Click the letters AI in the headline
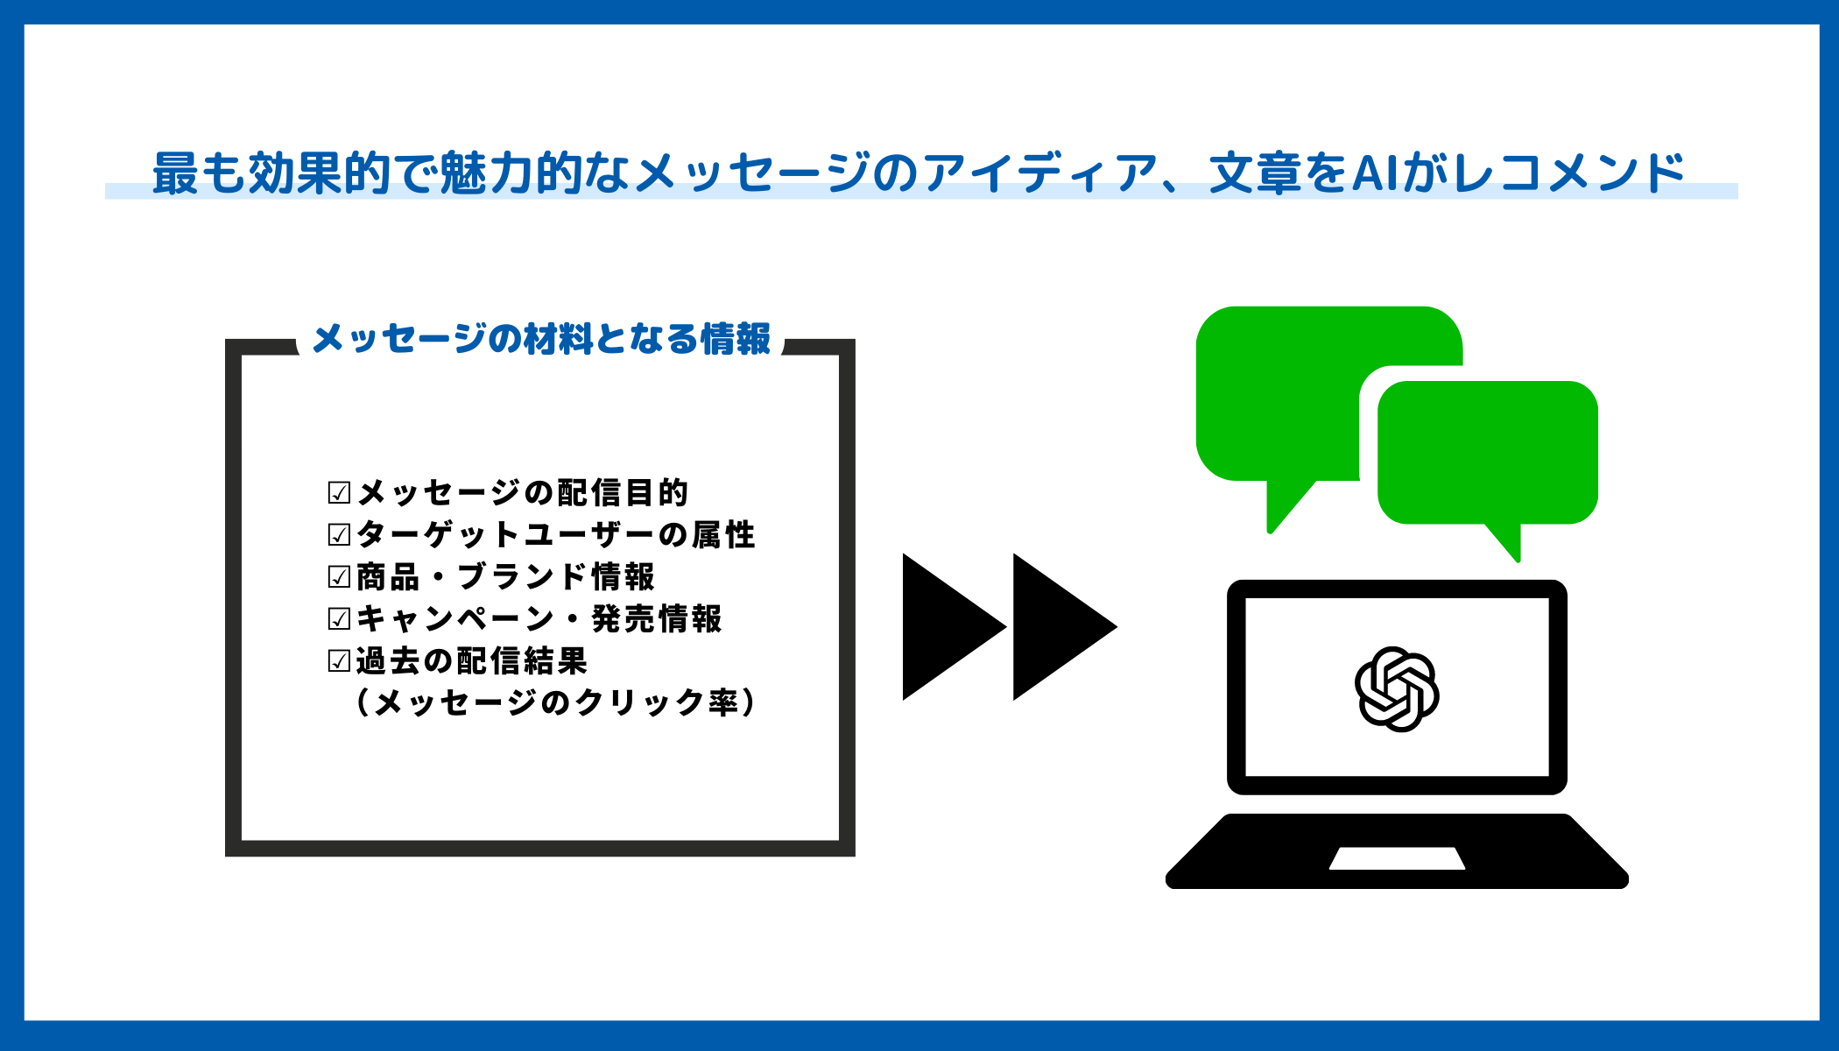click(1375, 173)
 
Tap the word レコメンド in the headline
click(1568, 173)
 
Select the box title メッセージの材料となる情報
click(541, 339)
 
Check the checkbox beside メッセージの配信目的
click(339, 492)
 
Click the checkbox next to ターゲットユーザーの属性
click(339, 534)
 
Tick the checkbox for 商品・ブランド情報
click(339, 576)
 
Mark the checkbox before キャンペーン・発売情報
click(339, 618)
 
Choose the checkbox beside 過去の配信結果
click(339, 660)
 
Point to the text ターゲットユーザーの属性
click(555, 534)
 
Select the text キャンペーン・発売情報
click(539, 618)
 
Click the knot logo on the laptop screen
click(1397, 689)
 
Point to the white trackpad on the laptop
click(1397, 858)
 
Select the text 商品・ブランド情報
click(505, 576)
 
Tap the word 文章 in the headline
click(1256, 173)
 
